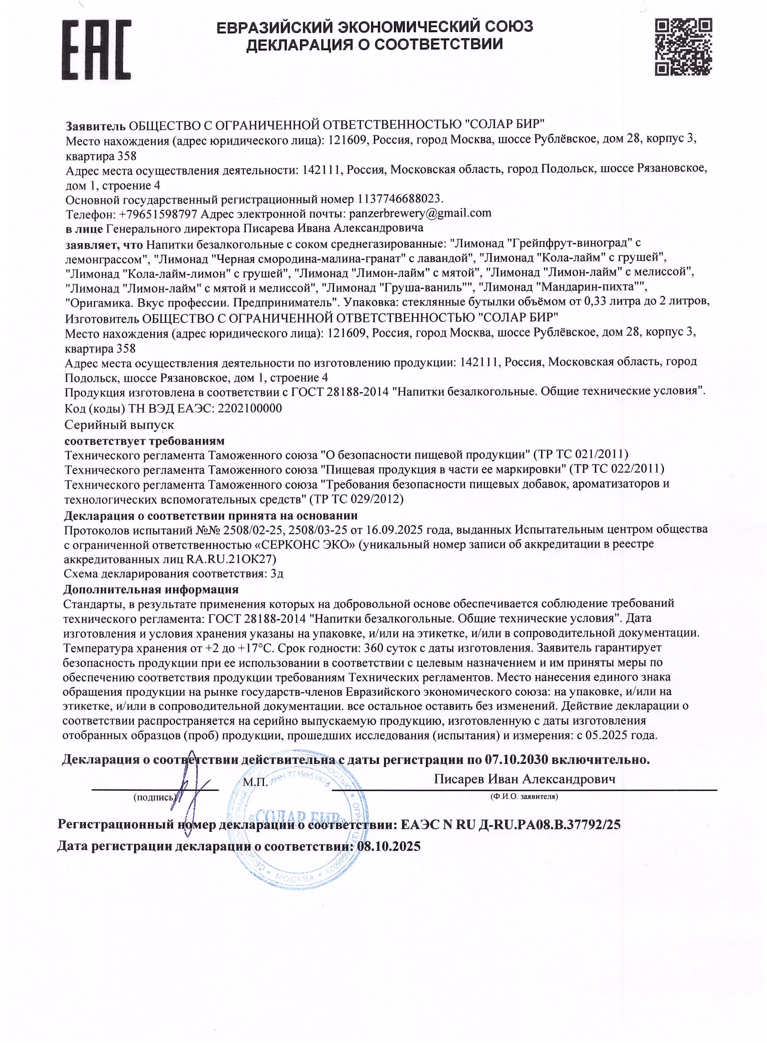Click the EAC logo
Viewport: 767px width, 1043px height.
(x=97, y=50)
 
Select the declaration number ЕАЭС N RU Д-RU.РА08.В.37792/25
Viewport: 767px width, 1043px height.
(x=510, y=824)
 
